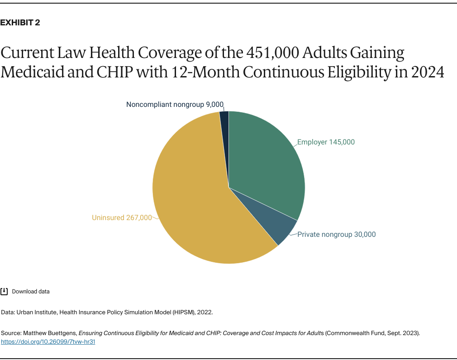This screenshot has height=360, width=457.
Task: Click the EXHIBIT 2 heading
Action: tap(20, 23)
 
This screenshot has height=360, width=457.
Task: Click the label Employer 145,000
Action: tap(326, 142)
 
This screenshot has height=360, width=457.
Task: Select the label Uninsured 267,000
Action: tap(122, 218)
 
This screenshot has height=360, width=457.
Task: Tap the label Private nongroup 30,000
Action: tap(336, 235)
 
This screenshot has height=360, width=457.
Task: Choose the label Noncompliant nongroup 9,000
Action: tap(175, 105)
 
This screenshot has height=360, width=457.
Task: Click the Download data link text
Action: tap(31, 292)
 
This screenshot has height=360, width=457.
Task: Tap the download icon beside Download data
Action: tap(4, 291)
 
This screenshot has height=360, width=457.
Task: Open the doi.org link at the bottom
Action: tap(48, 342)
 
